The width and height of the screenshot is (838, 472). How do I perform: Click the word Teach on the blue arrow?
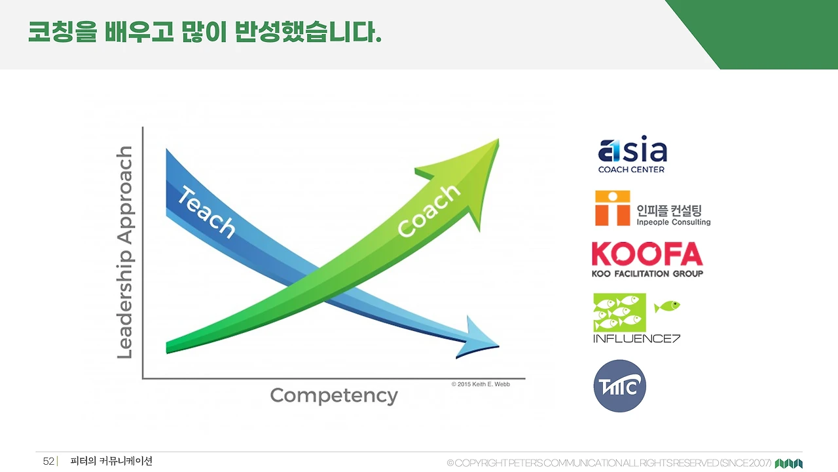(206, 212)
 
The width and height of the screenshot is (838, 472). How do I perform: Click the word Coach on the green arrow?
(429, 210)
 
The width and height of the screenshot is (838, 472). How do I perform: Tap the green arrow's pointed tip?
(498, 140)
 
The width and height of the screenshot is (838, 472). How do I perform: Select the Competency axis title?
(334, 395)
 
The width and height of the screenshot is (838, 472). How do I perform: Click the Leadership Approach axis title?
(125, 252)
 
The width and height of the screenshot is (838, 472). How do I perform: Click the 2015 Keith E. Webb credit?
(481, 384)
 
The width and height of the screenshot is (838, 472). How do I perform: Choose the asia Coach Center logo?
(632, 154)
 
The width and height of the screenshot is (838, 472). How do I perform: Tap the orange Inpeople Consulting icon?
(612, 208)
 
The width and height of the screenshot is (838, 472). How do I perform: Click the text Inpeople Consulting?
(674, 222)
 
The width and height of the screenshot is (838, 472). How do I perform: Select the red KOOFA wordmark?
(647, 254)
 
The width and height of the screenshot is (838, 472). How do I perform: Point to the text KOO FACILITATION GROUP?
(647, 274)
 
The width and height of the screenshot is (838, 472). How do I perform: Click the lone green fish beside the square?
(667, 306)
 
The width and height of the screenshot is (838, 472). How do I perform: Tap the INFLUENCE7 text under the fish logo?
(636, 339)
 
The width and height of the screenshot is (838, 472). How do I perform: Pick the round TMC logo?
(620, 386)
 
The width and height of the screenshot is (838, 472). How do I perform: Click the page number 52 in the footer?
(48, 461)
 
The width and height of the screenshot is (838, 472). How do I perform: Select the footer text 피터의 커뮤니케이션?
(111, 461)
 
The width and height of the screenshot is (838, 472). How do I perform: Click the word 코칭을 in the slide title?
(62, 32)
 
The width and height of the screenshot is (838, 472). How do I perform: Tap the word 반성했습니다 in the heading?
(308, 32)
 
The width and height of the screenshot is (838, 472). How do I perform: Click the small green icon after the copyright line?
(789, 463)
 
